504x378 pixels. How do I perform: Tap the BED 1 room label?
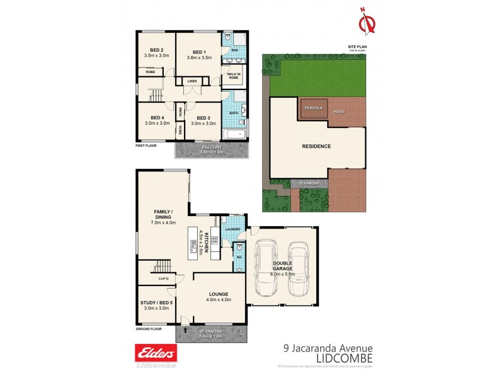(x=199, y=52)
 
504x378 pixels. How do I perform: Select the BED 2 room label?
(x=156, y=50)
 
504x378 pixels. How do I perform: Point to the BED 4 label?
(x=156, y=118)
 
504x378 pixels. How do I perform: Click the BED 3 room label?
(x=202, y=118)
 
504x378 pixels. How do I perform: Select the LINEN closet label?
(x=192, y=81)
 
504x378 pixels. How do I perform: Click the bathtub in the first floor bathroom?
(x=234, y=134)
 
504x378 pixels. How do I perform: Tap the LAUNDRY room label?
(x=232, y=229)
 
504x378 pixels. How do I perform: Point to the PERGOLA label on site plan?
(x=314, y=108)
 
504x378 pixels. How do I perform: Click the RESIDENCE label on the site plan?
(x=316, y=146)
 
